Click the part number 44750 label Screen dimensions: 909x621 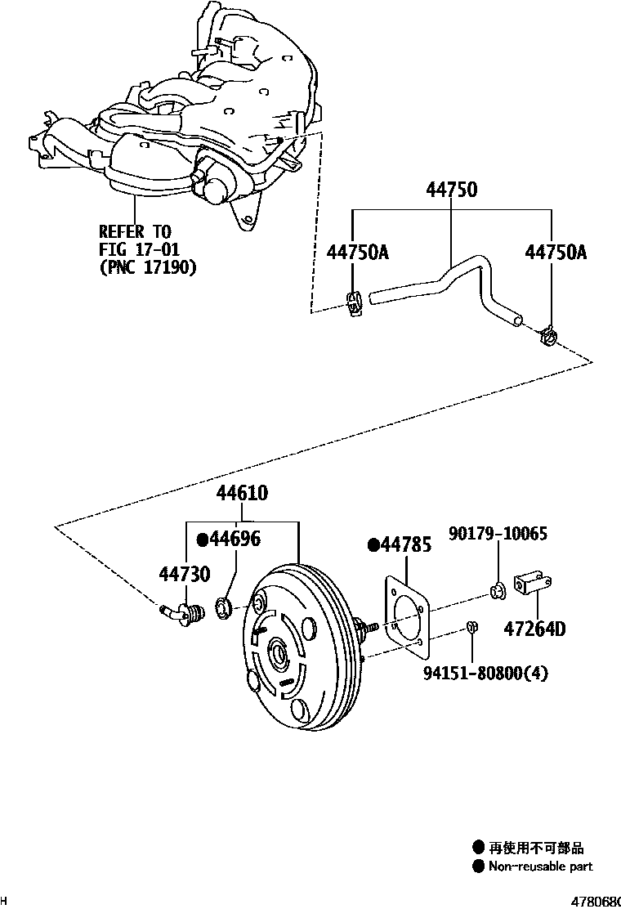point(451,190)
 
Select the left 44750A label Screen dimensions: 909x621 point(357,253)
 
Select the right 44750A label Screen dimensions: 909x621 point(556,253)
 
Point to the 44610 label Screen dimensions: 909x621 point(242,493)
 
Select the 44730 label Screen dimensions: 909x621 point(185,575)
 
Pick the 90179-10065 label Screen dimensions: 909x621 point(498,534)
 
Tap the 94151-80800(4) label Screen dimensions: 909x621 point(485,673)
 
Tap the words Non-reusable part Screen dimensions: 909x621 point(540,866)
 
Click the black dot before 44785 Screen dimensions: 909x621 point(374,545)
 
